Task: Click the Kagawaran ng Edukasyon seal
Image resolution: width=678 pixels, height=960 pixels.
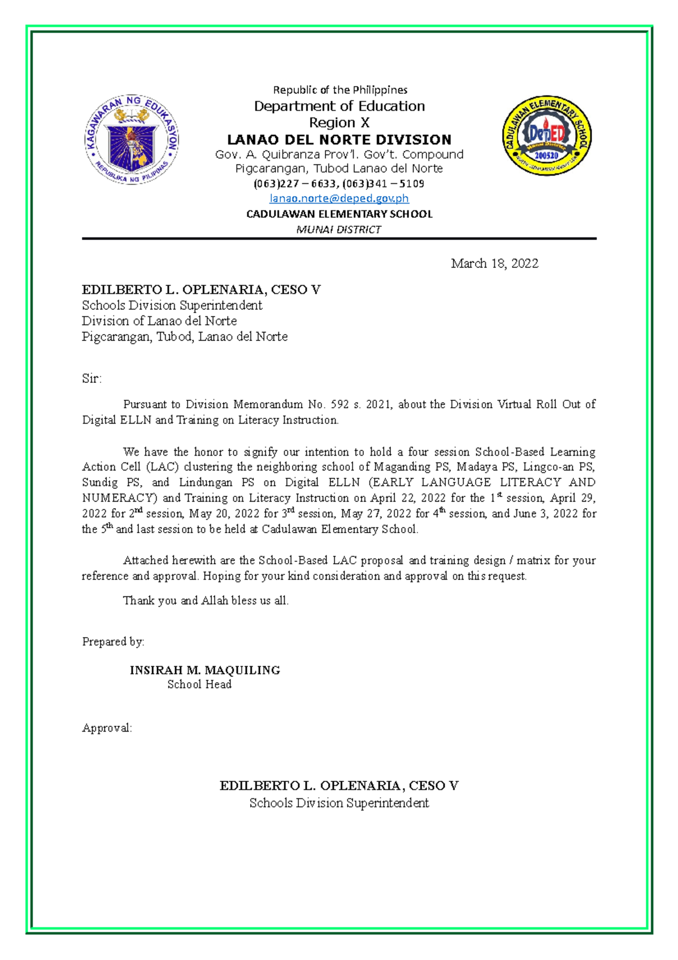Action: click(132, 139)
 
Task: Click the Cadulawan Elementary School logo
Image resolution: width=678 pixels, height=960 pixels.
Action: click(546, 135)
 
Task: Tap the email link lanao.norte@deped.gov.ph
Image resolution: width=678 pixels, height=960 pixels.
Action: click(339, 198)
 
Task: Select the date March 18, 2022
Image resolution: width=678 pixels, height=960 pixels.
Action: click(494, 263)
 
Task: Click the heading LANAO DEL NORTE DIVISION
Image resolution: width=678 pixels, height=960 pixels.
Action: click(339, 140)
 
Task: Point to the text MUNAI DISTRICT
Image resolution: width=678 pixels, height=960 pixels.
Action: click(339, 230)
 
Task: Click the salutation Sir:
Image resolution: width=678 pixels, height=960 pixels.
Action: click(92, 379)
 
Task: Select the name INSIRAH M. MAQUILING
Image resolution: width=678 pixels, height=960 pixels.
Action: click(205, 671)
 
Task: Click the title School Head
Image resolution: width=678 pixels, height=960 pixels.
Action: click(199, 685)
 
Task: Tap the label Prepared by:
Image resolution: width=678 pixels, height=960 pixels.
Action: click(113, 642)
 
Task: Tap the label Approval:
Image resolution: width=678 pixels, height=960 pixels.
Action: click(107, 728)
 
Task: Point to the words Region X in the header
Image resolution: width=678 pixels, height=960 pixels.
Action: click(339, 123)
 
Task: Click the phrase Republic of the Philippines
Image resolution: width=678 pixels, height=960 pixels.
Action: click(340, 90)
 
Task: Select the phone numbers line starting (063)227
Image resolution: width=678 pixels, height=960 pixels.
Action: click(339, 184)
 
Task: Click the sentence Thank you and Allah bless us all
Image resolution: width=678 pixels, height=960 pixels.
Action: click(206, 601)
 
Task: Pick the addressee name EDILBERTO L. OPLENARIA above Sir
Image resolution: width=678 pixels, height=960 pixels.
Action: click(201, 290)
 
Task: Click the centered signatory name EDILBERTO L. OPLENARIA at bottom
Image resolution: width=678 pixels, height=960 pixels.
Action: click(339, 786)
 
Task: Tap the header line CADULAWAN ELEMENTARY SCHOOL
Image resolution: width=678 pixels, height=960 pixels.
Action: click(339, 214)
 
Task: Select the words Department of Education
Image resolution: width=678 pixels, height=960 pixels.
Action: click(339, 106)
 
